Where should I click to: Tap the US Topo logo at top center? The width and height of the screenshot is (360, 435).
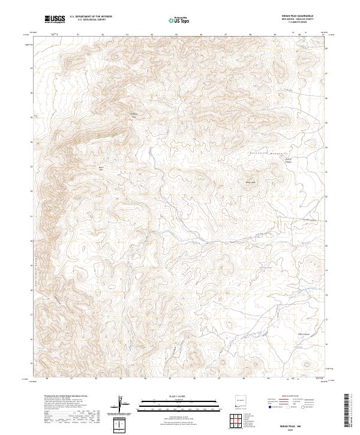coord(179,20)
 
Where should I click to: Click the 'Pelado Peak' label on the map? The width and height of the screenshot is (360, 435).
coord(134,115)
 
